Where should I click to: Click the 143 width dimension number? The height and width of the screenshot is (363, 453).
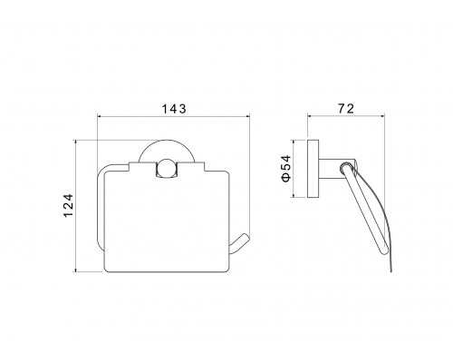click(x=174, y=109)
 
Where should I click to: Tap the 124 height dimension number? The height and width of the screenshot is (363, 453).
click(x=69, y=205)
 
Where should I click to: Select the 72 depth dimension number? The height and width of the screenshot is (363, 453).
click(x=346, y=108)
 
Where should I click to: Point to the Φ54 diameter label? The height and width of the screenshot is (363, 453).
click(x=286, y=169)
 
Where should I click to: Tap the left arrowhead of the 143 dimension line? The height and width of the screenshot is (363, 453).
click(x=99, y=116)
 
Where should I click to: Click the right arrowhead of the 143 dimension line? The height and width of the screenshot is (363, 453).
click(x=248, y=116)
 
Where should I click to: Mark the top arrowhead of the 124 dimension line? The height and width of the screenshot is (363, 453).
click(x=75, y=142)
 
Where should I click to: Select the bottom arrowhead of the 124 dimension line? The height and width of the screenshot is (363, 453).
click(x=75, y=270)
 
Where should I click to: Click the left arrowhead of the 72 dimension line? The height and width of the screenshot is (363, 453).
click(x=309, y=115)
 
